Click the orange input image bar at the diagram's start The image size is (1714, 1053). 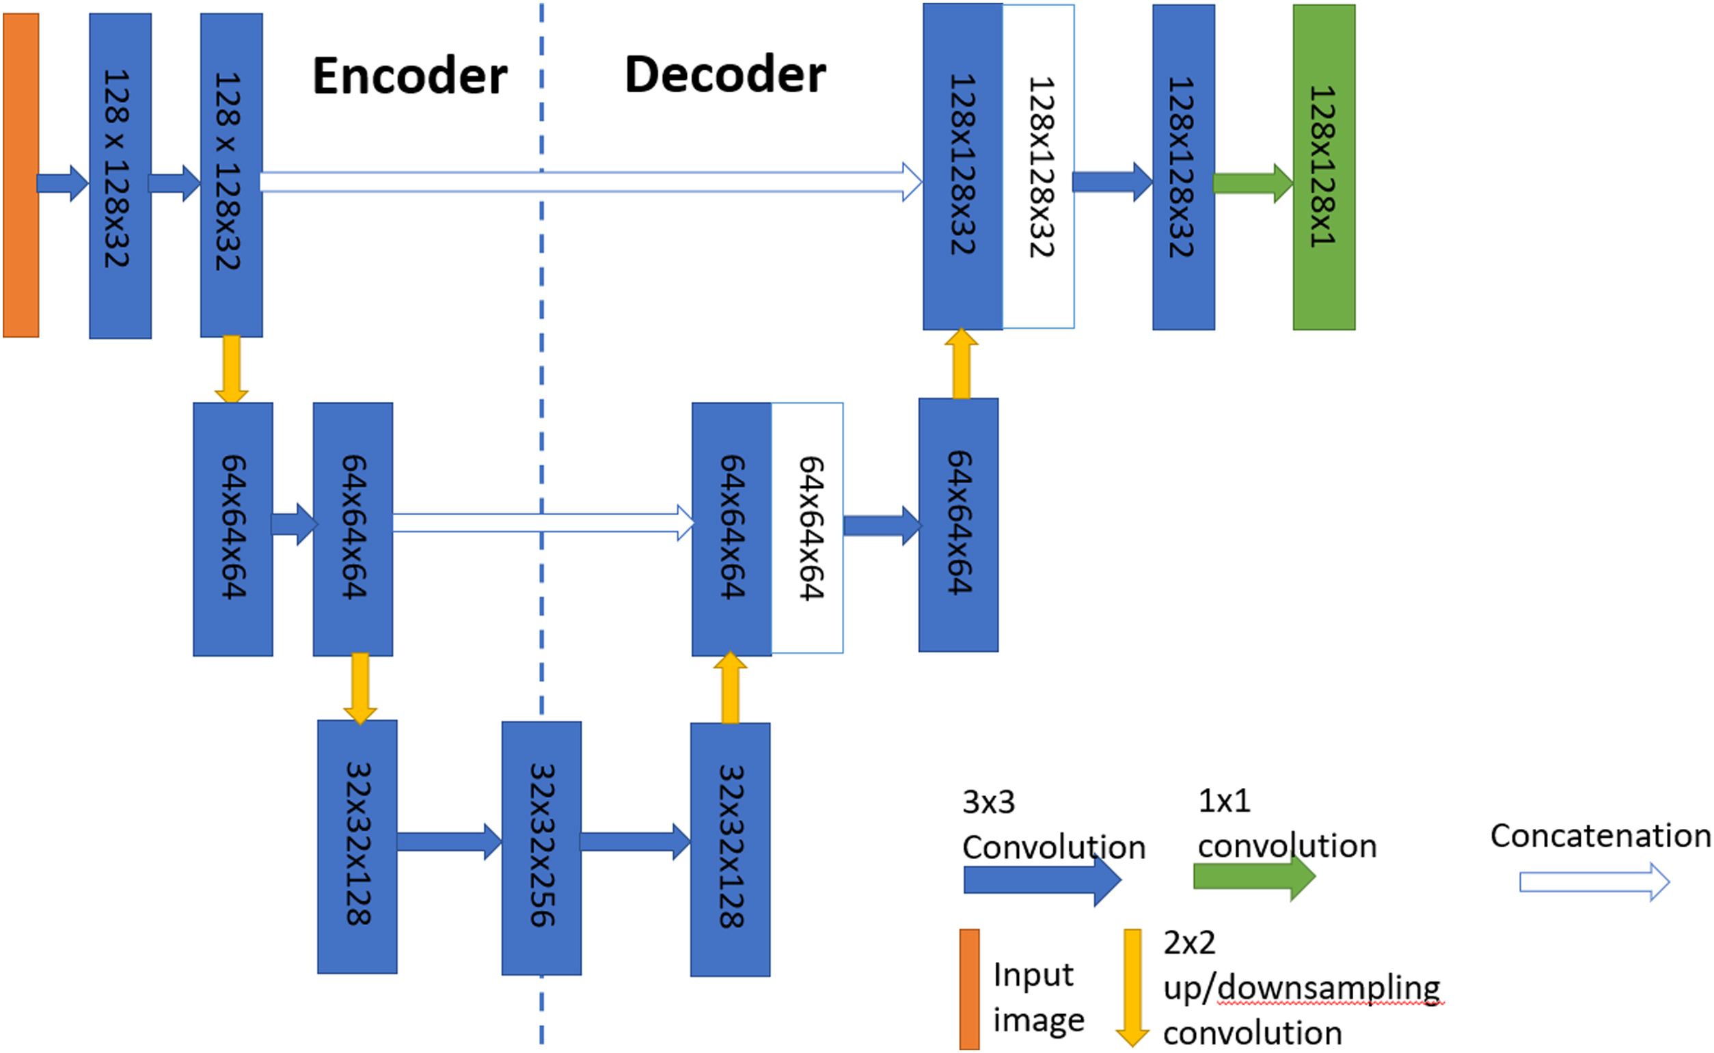pyautogui.click(x=21, y=175)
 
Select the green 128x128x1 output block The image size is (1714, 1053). pyautogui.click(x=1323, y=167)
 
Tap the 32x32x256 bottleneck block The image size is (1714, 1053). pyautogui.click(x=541, y=847)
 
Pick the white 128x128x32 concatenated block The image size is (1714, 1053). pyautogui.click(x=1038, y=167)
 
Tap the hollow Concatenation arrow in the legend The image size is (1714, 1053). pyautogui.click(x=1594, y=882)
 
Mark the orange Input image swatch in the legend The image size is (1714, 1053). pyautogui.click(x=969, y=989)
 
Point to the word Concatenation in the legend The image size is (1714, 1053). pyautogui.click(x=1600, y=836)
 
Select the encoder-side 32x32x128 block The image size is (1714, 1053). pyautogui.click(x=357, y=846)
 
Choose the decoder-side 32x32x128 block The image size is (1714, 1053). pyautogui.click(x=730, y=849)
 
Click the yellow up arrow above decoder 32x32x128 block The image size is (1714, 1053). pyautogui.click(x=730, y=687)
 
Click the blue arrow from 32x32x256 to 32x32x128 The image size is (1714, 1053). pyautogui.click(x=634, y=841)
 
